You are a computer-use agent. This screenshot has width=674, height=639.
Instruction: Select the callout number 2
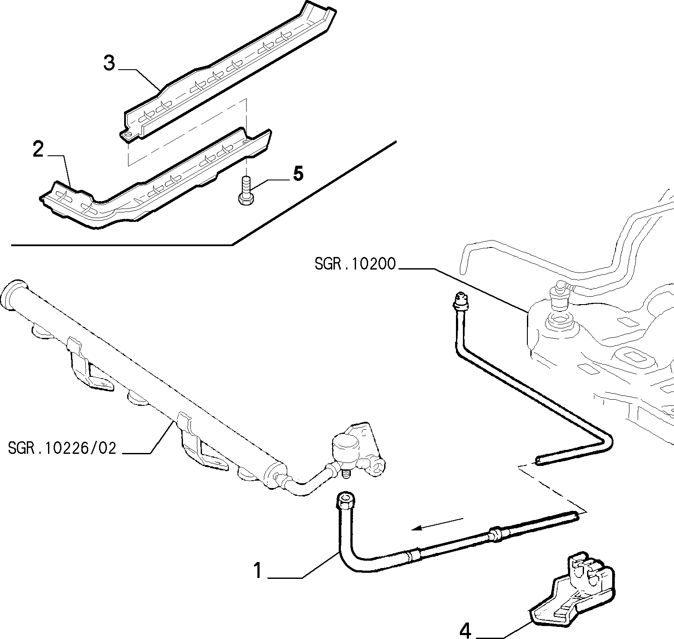point(38,149)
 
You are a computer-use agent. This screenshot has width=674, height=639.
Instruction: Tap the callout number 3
point(109,63)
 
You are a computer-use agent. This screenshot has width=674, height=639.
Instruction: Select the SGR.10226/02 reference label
point(63,448)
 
